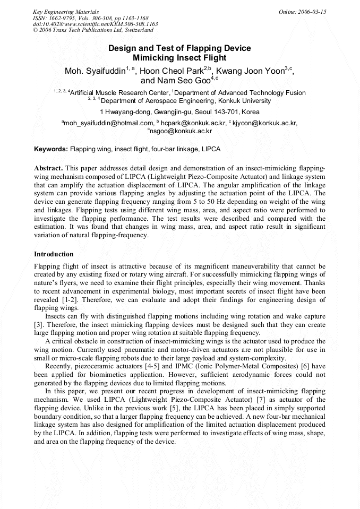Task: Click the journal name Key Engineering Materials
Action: (x=65, y=11)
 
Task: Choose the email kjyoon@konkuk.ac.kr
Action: (x=264, y=123)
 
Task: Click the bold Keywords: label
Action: (x=51, y=149)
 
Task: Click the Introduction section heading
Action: (x=54, y=254)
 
